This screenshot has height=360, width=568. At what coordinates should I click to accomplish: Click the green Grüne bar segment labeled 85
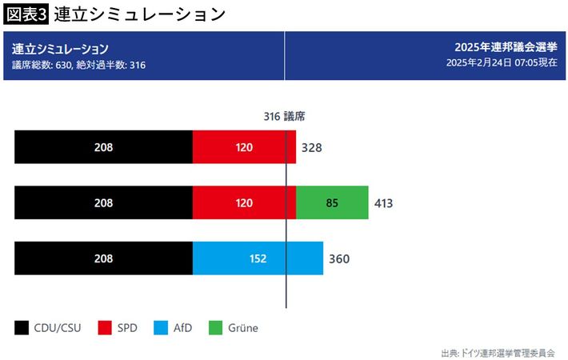[332, 203]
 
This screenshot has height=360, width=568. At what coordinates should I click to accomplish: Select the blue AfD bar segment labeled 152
[258, 258]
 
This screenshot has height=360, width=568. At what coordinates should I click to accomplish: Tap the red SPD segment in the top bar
[244, 147]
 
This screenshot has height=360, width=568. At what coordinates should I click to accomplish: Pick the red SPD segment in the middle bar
[244, 203]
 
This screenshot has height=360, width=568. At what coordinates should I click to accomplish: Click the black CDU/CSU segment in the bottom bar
[103, 258]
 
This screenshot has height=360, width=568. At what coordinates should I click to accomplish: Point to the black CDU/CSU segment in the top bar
[103, 147]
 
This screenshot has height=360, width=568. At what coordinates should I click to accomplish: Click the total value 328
[311, 148]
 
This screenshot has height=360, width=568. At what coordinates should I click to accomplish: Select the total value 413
[383, 203]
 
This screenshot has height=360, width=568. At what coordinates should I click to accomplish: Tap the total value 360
[339, 259]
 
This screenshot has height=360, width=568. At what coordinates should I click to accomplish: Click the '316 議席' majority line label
[285, 116]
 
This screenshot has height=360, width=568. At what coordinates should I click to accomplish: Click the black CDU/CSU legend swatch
[22, 327]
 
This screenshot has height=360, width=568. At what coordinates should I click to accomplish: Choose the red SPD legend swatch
[104, 327]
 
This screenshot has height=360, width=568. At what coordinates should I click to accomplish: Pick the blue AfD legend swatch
[160, 327]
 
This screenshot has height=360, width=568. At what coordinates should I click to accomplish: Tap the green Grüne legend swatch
[215, 327]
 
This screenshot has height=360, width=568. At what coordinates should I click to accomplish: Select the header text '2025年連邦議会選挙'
[506, 48]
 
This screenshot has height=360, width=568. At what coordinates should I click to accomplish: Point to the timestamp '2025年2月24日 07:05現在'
[502, 63]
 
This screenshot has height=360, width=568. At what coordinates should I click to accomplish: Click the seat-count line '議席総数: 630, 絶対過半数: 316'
[78, 64]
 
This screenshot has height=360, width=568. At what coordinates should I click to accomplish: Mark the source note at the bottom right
[498, 352]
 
